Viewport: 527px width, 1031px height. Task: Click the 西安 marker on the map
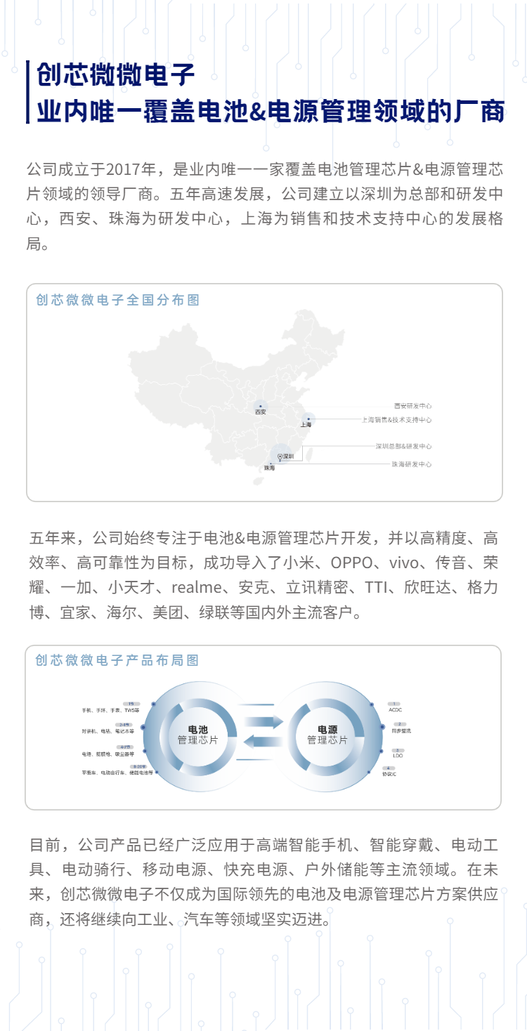[261, 407]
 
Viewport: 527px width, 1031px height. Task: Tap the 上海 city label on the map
[306, 425]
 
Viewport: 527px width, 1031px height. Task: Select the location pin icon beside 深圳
[280, 457]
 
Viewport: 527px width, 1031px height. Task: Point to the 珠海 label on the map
[270, 468]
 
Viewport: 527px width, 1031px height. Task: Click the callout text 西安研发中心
[412, 406]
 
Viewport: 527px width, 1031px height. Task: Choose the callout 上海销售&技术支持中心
[396, 420]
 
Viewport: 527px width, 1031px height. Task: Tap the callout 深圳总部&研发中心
[403, 447]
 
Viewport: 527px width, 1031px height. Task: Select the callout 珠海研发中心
[412, 464]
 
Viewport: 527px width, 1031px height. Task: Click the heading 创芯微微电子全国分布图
[118, 301]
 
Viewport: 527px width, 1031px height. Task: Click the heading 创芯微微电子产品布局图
[117, 661]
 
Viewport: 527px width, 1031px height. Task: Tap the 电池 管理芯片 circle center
[197, 735]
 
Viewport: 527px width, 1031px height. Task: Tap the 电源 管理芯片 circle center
[327, 735]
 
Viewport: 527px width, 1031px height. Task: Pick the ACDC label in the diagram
[395, 710]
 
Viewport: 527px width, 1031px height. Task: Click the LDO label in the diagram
[398, 756]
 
